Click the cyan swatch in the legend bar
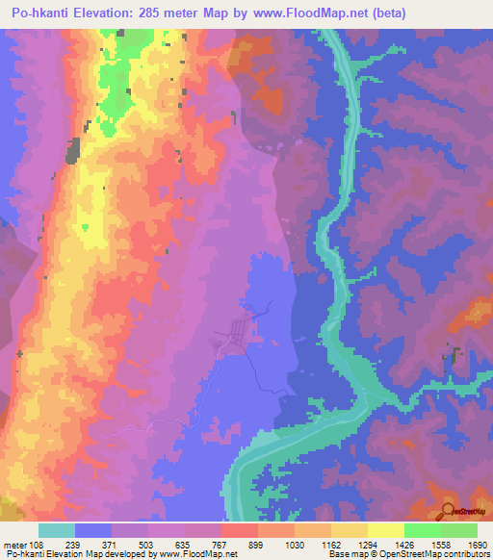(x=57, y=530)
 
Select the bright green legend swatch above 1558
(x=422, y=530)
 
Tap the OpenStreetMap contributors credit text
(x=420, y=554)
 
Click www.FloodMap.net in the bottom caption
(x=208, y=554)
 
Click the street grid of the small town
(x=236, y=337)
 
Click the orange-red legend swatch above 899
(x=240, y=530)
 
